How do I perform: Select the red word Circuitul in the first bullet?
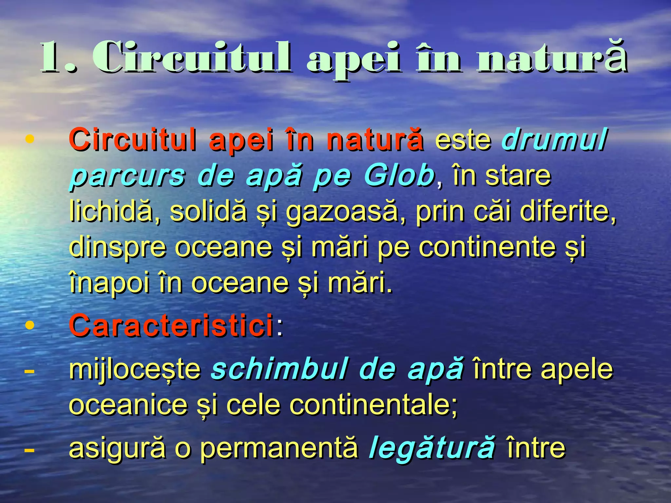pos(133,140)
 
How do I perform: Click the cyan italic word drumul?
pos(554,140)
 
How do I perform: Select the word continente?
pos(487,247)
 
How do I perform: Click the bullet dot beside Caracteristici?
pos(30,325)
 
